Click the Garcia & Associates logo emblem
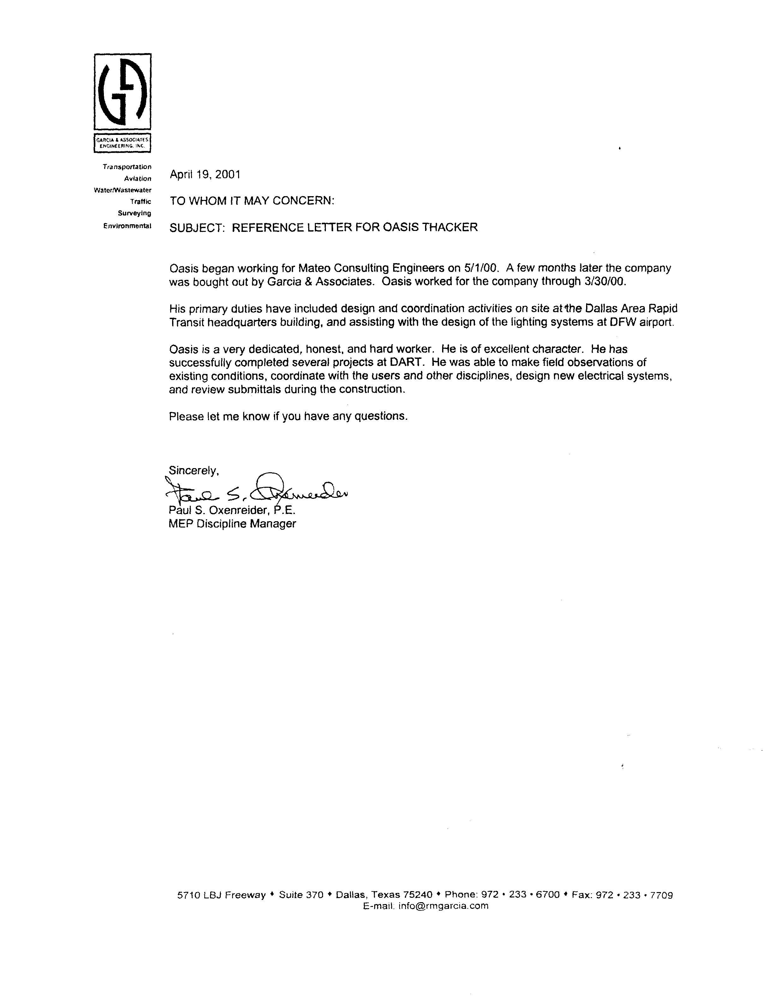coord(123,92)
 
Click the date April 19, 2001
coord(205,174)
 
